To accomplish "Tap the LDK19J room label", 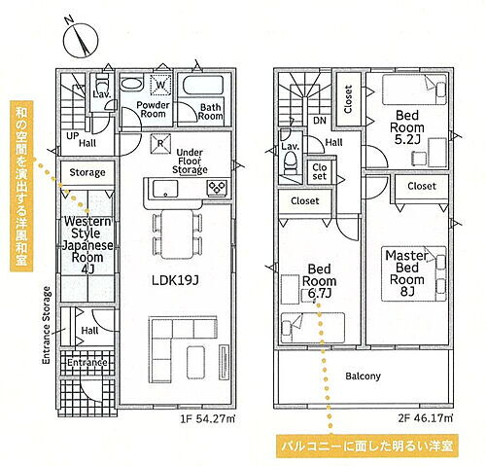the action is click(x=175, y=280).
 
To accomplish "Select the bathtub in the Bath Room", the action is click(x=203, y=86).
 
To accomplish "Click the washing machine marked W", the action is click(x=161, y=85).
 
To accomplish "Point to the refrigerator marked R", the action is click(x=160, y=144).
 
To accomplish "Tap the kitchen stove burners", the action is click(x=217, y=188).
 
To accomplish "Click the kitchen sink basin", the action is click(x=165, y=189).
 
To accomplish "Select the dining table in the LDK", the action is click(x=177, y=234).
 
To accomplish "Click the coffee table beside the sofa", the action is click(x=195, y=362).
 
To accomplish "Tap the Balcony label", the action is click(x=363, y=376).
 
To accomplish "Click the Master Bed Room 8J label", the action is click(x=406, y=273).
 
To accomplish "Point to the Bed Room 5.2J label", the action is click(x=407, y=127).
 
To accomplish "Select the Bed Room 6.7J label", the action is click(x=319, y=281).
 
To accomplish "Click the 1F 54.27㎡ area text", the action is click(x=208, y=418).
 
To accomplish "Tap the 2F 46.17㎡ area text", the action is click(x=426, y=418).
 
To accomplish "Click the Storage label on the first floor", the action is click(x=87, y=172).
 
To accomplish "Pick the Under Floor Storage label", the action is click(x=190, y=161).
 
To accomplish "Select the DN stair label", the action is click(x=320, y=121).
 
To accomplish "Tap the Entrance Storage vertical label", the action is click(x=47, y=325).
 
